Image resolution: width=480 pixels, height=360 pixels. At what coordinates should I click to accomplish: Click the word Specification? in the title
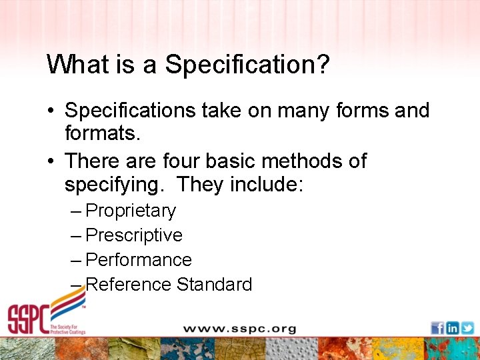(x=247, y=65)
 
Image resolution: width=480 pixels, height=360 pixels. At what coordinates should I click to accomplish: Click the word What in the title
(x=72, y=65)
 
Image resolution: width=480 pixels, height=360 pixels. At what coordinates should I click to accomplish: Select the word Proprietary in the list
(x=131, y=211)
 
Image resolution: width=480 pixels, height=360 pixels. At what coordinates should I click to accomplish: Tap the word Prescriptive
(x=134, y=235)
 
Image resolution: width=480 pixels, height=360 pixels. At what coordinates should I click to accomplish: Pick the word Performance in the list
(x=139, y=260)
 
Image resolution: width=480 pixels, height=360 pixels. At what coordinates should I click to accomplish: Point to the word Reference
(x=129, y=285)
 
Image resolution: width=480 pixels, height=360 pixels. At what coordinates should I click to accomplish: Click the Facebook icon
(x=437, y=328)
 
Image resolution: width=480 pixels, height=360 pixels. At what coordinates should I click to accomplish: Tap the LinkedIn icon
(x=452, y=328)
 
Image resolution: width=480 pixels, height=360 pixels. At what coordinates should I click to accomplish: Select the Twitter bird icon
(x=467, y=328)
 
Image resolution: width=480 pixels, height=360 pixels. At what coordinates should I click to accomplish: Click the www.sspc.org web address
(x=239, y=329)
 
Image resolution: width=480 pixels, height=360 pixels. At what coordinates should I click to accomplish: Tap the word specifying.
(x=116, y=185)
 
